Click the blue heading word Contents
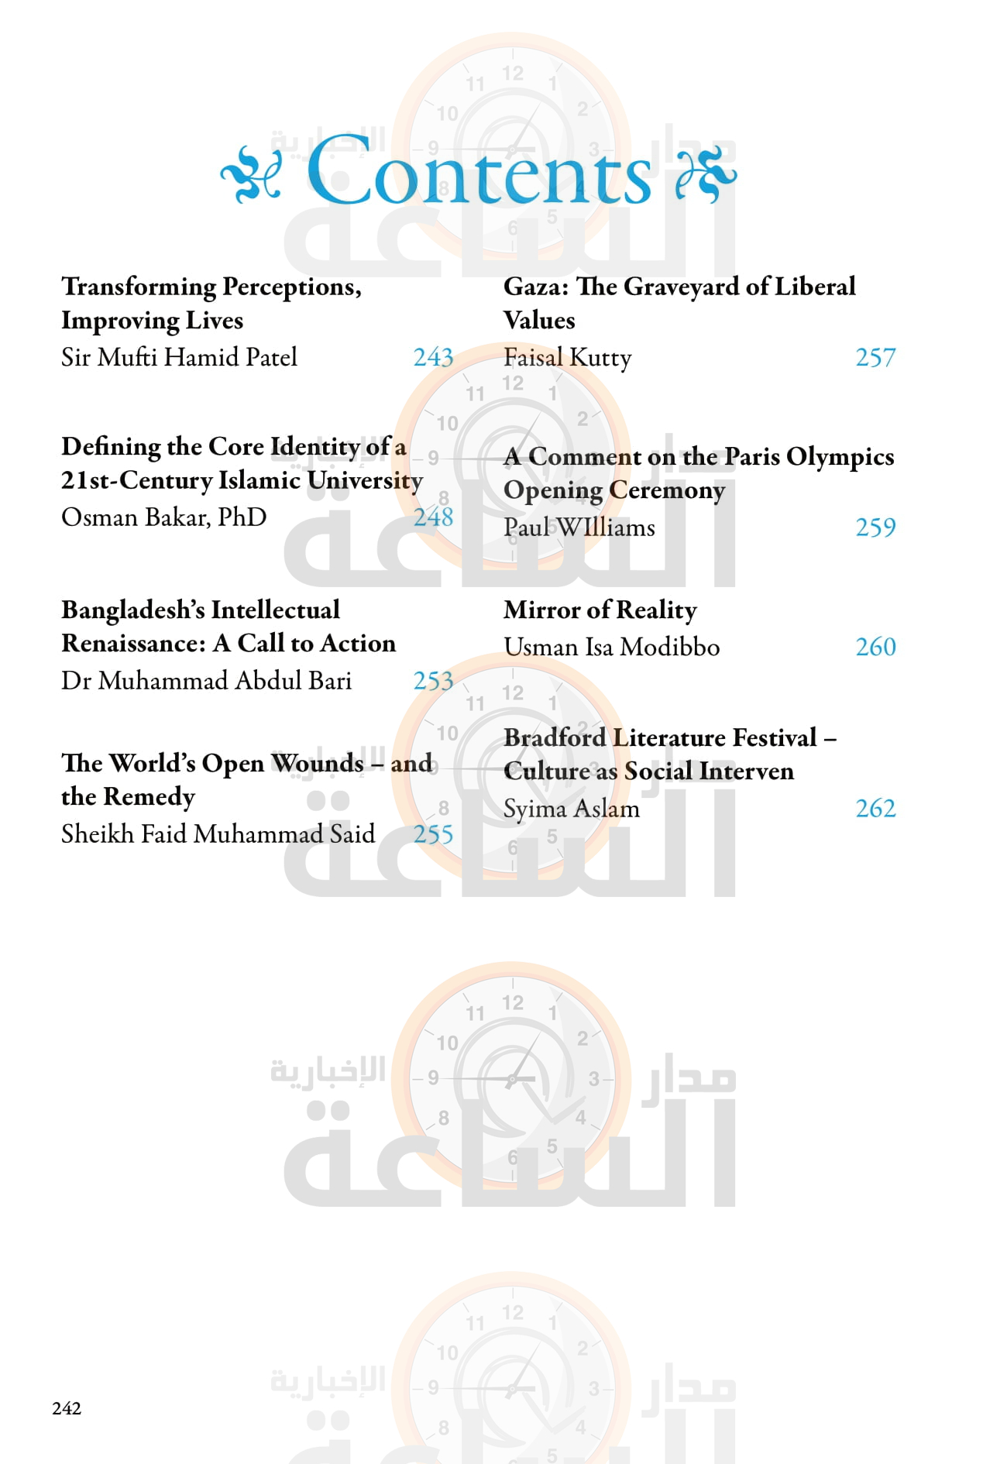479,172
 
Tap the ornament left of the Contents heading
250,174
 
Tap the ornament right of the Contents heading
705,174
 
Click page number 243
433,357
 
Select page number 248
433,517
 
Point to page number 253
433,680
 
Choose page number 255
433,833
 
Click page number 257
875,357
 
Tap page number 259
875,527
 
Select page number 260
875,646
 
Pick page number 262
875,808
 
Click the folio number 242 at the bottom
67,1408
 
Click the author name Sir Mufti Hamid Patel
179,357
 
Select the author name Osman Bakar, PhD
164,517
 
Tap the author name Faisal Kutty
567,357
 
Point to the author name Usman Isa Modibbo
611,646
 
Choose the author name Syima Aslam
572,808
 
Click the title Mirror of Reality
600,610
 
